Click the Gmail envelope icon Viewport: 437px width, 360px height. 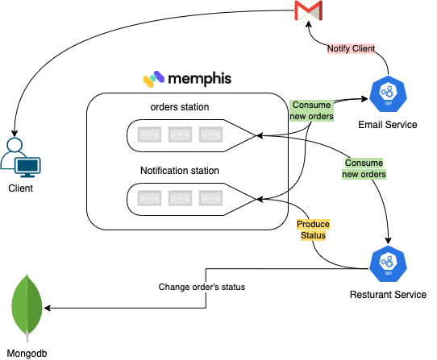click(x=308, y=10)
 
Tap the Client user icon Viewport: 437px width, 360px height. click(x=21, y=158)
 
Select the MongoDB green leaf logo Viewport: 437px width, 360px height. click(x=27, y=308)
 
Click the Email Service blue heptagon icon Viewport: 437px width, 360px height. click(x=388, y=94)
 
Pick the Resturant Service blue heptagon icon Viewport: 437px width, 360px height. click(x=388, y=263)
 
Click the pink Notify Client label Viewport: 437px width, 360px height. click(x=351, y=48)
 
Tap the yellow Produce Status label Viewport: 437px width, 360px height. click(x=313, y=230)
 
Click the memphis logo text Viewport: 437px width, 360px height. click(x=199, y=79)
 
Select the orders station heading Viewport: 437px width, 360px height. click(x=180, y=107)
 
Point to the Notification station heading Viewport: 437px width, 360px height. click(x=180, y=171)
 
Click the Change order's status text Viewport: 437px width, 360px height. click(x=202, y=287)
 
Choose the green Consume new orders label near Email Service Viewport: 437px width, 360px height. click(x=311, y=110)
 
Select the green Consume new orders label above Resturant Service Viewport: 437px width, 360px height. click(x=364, y=168)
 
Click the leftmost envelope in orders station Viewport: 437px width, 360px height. click(x=149, y=134)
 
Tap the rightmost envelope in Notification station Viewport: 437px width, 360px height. click(x=210, y=198)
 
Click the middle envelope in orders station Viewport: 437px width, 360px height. click(x=180, y=134)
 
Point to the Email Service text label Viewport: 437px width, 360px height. click(x=388, y=125)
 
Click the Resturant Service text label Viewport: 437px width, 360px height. click(x=388, y=294)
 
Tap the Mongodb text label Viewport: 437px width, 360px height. click(x=27, y=354)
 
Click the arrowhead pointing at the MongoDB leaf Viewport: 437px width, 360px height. click(x=47, y=308)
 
